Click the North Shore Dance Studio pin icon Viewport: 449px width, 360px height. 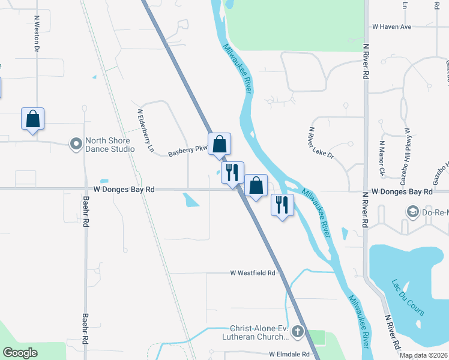point(76,145)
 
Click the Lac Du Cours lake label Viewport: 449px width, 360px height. point(408,298)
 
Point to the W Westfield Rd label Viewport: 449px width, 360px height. point(253,272)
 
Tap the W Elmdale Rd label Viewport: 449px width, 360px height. point(289,355)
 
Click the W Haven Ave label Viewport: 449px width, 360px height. point(391,27)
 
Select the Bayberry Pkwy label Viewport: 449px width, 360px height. point(187,152)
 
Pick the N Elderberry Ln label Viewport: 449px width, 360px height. point(146,130)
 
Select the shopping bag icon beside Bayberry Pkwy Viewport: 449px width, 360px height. point(220,143)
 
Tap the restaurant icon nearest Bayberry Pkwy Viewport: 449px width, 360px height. point(232,172)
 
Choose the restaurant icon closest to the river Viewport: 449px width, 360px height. point(282,205)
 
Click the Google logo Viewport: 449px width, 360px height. point(20,353)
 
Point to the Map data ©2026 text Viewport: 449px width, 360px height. point(423,355)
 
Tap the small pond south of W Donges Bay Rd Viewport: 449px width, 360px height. point(191,199)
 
